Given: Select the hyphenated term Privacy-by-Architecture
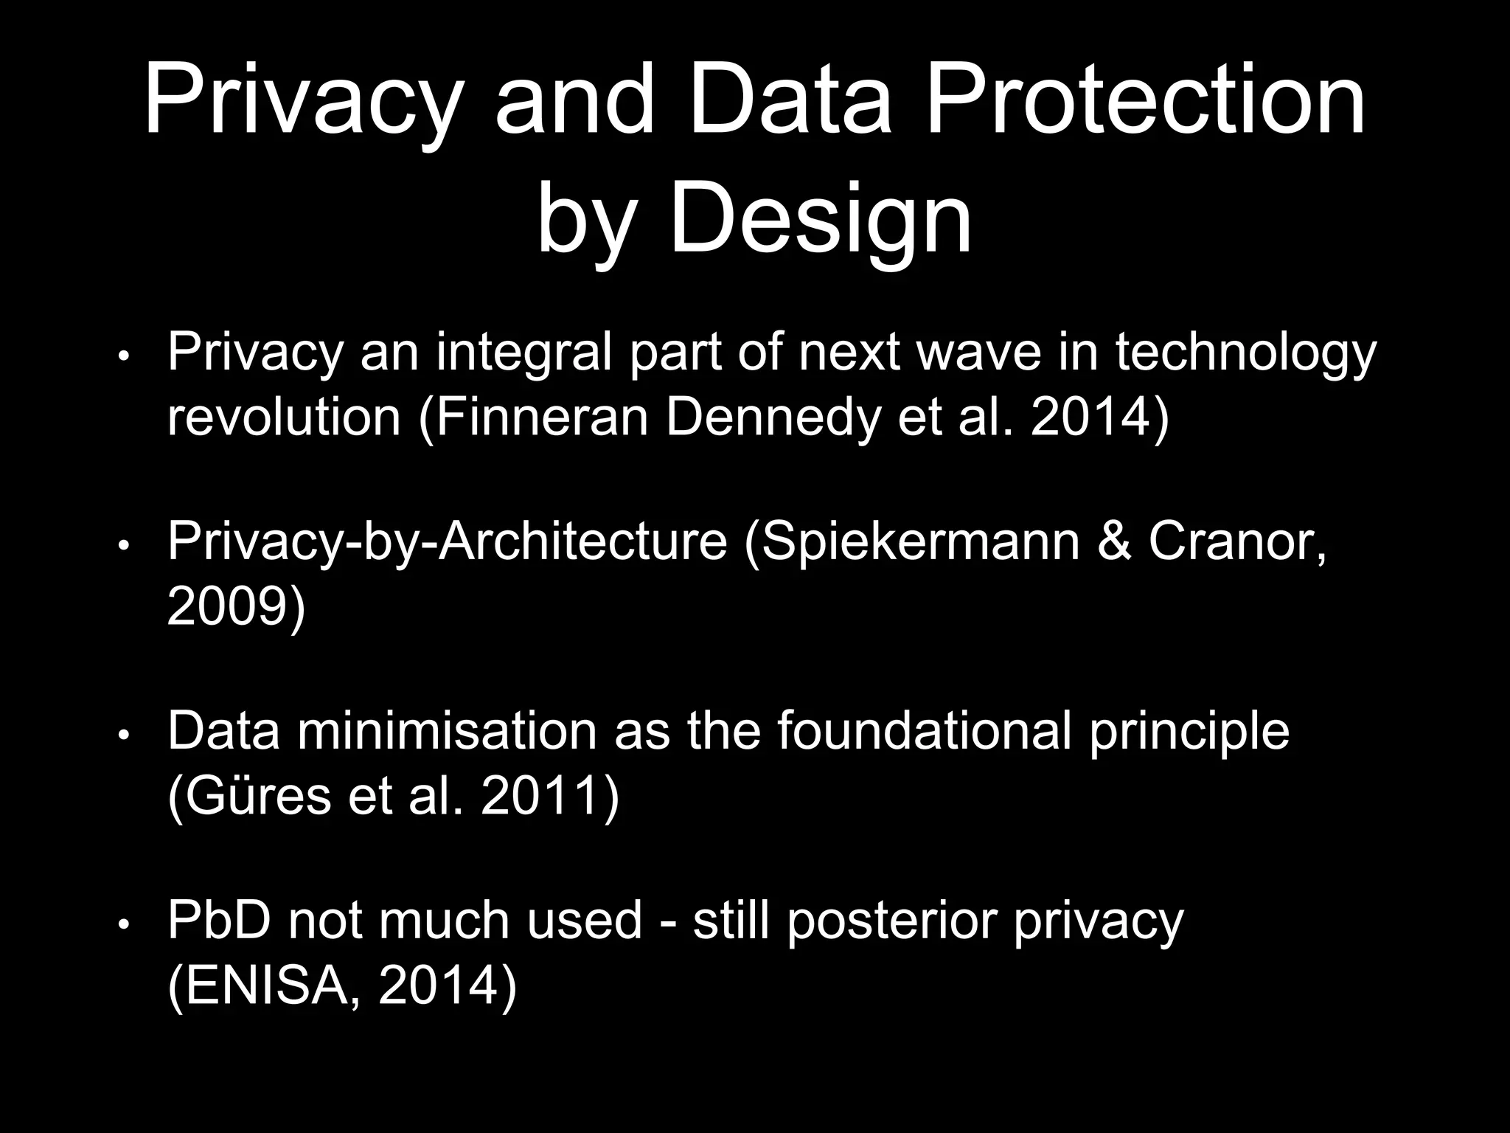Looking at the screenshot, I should [447, 541].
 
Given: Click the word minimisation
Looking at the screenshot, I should [447, 731].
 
